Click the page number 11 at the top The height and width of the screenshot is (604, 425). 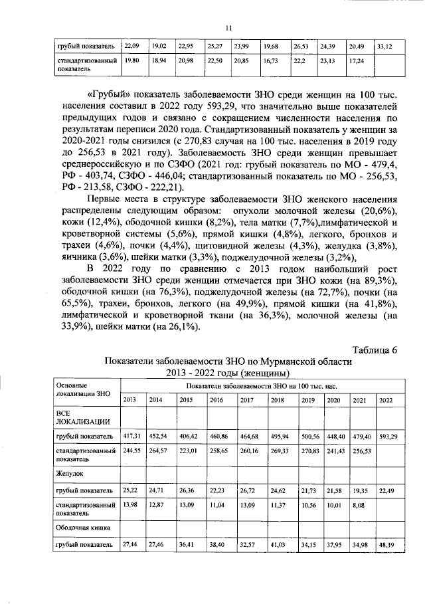pos(227,27)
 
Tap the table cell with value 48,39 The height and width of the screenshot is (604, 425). pos(388,546)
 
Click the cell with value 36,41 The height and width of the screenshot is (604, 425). pos(189,546)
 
